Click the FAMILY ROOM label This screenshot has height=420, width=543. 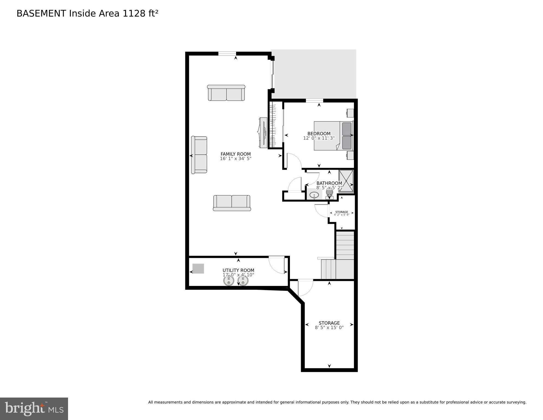(x=236, y=154)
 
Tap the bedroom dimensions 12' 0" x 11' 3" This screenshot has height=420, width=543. (x=319, y=138)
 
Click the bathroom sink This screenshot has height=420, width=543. (x=314, y=195)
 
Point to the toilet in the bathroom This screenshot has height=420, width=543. (x=329, y=194)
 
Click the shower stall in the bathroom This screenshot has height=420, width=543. (x=346, y=181)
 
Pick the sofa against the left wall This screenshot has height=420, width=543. (x=199, y=155)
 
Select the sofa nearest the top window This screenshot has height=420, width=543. (x=226, y=93)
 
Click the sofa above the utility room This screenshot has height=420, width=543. (x=232, y=203)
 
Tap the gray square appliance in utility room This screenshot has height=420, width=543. (x=198, y=268)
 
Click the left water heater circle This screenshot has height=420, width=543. (x=229, y=280)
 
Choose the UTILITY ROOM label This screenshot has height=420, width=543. (x=238, y=270)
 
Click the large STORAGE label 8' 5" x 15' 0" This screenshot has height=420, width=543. (x=329, y=325)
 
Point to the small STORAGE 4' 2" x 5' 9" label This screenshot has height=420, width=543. (x=342, y=213)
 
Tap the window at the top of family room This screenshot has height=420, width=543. (x=227, y=53)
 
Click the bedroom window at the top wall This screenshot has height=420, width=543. (x=314, y=100)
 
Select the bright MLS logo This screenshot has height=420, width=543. (x=34, y=409)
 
